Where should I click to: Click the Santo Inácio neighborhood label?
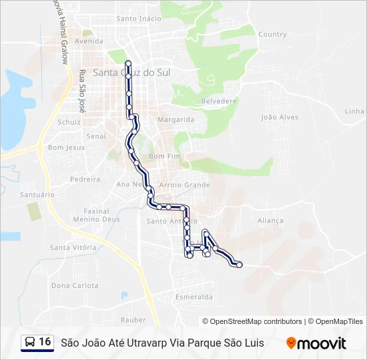point(139,19)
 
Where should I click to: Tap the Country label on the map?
point(272,34)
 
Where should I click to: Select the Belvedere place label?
point(220,101)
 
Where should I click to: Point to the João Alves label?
point(280,117)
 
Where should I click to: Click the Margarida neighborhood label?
point(175,120)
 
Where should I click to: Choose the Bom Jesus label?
point(66,147)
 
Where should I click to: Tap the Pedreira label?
point(85,179)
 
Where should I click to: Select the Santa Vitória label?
point(73,247)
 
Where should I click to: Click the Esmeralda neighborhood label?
point(194,297)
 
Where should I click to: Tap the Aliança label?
point(270,221)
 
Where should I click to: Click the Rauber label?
point(133,320)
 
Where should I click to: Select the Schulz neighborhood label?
point(69,122)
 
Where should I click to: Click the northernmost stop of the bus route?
point(127,63)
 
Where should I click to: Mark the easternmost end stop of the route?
point(240,265)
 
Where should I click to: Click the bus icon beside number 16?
point(30,343)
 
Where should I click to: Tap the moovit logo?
point(316,343)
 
